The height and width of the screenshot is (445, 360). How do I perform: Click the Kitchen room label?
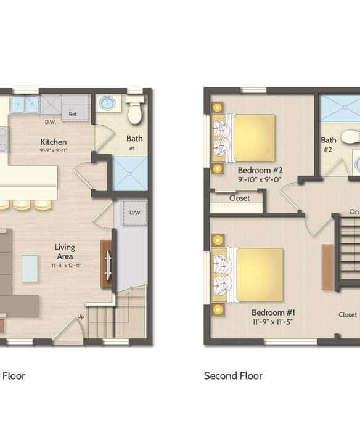(54, 142)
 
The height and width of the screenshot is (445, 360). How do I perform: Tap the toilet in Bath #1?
(135, 110)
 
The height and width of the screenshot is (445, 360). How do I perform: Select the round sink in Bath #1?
(107, 104)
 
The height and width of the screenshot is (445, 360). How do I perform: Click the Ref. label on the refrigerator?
(73, 114)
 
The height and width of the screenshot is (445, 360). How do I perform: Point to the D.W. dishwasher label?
(51, 122)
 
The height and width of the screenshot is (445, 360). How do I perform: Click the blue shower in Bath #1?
(130, 174)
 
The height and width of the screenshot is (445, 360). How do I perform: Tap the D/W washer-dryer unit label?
(134, 213)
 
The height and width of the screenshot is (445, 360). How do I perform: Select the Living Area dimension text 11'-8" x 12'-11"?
(67, 266)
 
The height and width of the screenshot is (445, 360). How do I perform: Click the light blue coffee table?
(30, 269)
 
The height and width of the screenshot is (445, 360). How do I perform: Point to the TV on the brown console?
(108, 264)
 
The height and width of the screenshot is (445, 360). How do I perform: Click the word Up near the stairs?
(81, 316)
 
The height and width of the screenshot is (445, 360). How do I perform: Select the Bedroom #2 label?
(260, 170)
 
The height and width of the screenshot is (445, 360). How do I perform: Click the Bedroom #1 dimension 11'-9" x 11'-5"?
(272, 322)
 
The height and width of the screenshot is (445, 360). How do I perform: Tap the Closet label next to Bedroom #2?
(239, 198)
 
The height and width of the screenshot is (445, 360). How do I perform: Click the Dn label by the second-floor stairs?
(354, 212)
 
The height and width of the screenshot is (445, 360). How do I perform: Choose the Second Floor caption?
(233, 376)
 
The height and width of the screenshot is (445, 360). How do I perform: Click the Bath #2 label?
(329, 144)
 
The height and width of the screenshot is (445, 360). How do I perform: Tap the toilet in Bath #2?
(350, 137)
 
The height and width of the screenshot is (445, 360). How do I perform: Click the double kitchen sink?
(25, 104)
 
